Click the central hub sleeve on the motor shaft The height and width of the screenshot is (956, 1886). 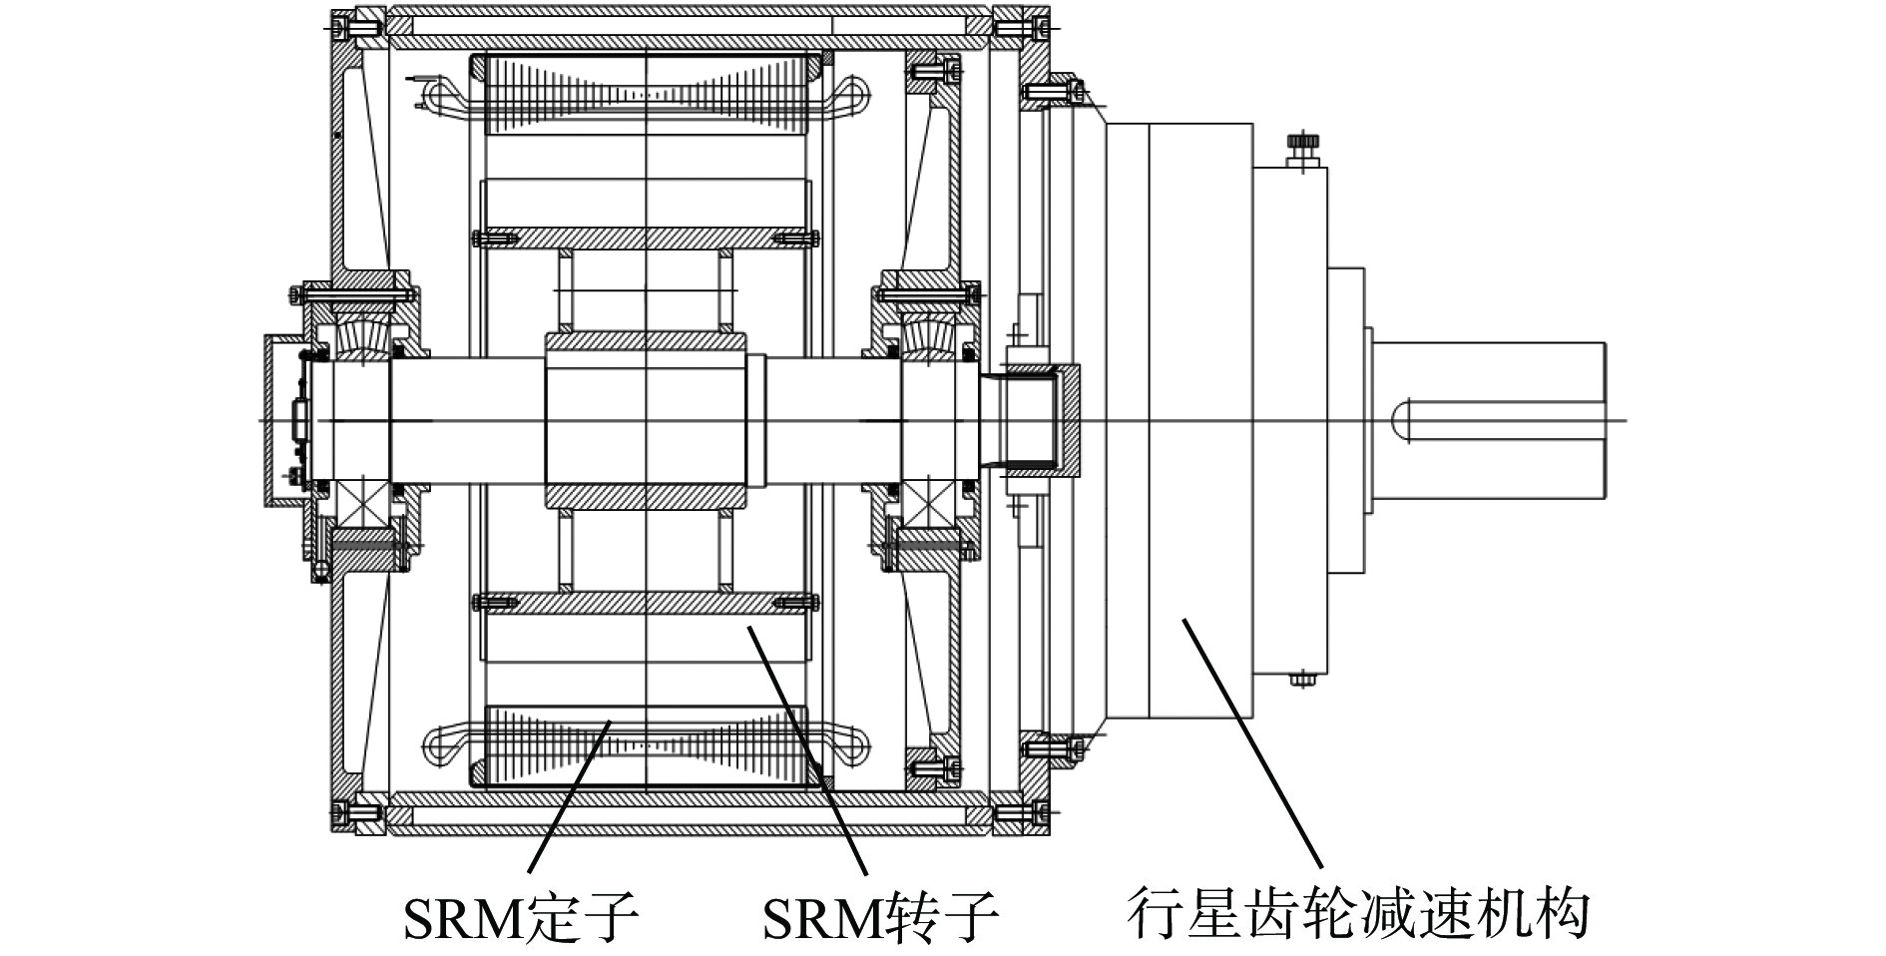646,420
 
